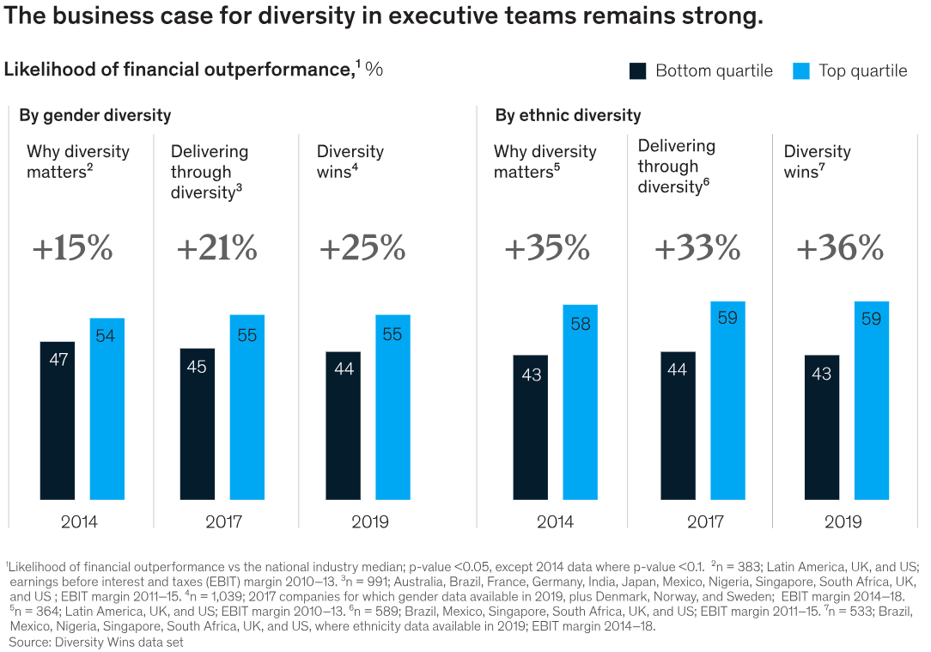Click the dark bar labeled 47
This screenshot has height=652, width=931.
[58, 421]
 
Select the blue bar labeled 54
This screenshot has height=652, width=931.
[107, 409]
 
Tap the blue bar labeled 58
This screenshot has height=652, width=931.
[581, 402]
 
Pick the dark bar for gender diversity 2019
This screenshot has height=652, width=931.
[344, 425]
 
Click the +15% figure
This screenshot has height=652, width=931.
[72, 249]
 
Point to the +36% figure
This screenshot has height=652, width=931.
[839, 249]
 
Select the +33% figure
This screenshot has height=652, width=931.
[697, 249]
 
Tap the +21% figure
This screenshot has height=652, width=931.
[216, 249]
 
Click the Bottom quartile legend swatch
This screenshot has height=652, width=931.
[638, 71]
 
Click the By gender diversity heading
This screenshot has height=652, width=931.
[95, 115]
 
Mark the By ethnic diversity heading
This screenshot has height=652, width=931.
[568, 115]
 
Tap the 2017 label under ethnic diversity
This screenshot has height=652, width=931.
[704, 521]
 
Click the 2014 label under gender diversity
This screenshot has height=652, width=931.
[79, 521]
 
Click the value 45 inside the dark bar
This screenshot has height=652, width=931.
[197, 367]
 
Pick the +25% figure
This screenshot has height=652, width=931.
[362, 249]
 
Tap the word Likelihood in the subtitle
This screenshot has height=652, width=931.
[47, 70]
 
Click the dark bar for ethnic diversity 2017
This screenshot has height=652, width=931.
[678, 425]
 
